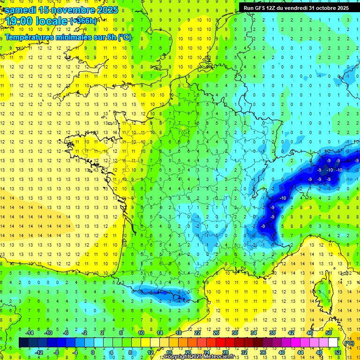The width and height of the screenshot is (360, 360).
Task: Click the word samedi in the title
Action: (x=21, y=10)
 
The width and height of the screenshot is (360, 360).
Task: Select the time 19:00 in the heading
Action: (x=19, y=22)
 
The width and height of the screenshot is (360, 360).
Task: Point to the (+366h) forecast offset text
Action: (x=84, y=21)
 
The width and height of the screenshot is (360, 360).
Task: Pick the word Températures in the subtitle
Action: (x=30, y=37)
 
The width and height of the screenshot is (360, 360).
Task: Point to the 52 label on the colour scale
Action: (x=337, y=352)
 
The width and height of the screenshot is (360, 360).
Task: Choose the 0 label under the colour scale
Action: (x=92, y=352)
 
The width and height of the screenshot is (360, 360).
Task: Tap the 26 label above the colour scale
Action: (x=216, y=332)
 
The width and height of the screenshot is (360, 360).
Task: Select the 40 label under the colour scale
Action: (x=281, y=352)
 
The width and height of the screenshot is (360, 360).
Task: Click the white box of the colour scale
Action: (x=333, y=342)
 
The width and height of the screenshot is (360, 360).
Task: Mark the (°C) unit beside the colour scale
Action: (x=349, y=343)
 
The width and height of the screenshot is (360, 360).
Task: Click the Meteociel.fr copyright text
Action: (x=199, y=357)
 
